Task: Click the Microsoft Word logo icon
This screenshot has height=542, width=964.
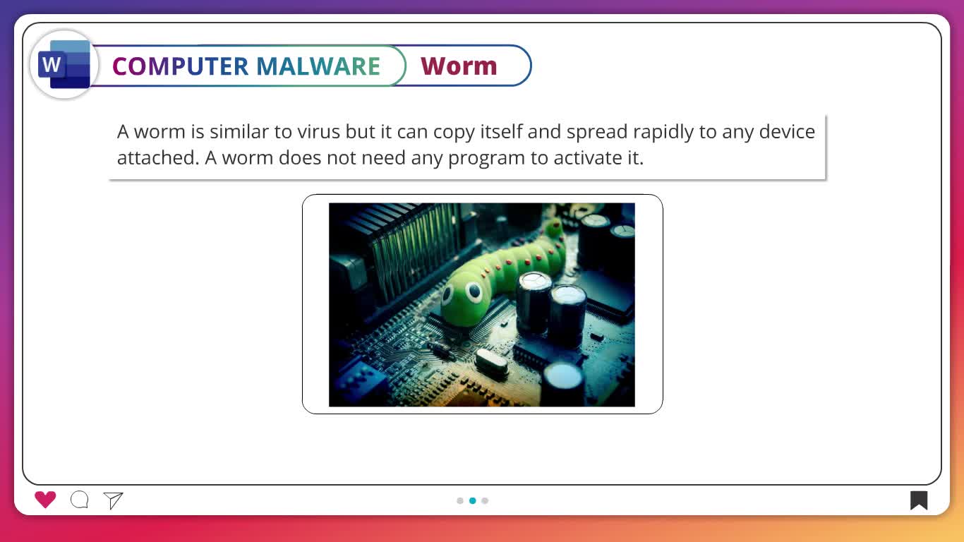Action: [64, 65]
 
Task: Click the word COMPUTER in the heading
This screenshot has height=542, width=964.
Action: [181, 66]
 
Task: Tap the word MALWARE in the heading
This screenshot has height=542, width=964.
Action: [318, 66]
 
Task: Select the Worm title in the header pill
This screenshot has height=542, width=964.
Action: [459, 66]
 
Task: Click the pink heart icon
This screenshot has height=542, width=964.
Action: [45, 500]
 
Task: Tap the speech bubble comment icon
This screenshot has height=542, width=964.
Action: [80, 500]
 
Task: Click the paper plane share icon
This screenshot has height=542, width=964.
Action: [113, 500]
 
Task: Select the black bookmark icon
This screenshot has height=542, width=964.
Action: [919, 500]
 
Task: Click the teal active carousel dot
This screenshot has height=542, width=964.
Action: [473, 500]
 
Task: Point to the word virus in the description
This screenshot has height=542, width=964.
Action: [318, 132]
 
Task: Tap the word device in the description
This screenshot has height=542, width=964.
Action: [787, 132]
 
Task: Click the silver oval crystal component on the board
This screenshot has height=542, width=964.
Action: [491, 363]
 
